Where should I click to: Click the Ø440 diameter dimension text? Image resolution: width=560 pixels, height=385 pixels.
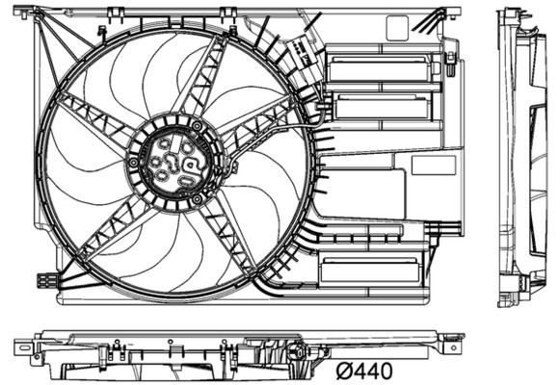tap(367, 368)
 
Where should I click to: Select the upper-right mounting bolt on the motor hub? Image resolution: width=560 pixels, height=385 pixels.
tap(199, 126)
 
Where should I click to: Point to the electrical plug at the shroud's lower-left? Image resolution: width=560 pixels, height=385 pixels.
tap(45, 281)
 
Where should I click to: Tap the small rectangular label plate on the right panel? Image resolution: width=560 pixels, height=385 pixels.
tap(433, 165)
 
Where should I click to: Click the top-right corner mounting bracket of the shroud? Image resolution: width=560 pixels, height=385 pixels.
tap(446, 13)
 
